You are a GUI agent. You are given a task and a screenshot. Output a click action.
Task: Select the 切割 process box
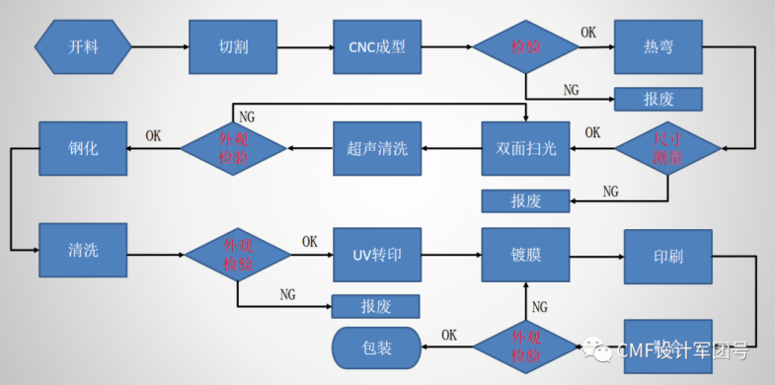pyautogui.click(x=233, y=46)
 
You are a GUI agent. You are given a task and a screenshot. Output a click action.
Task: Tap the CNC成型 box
pyautogui.click(x=377, y=46)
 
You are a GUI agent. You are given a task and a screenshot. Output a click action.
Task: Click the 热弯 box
pyautogui.click(x=659, y=46)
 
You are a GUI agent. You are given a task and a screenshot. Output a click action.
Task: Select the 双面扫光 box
pyautogui.click(x=525, y=148)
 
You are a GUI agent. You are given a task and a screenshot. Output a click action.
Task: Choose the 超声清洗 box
pyautogui.click(x=377, y=148)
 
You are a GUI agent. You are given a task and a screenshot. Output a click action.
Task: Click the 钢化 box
pyautogui.click(x=83, y=148)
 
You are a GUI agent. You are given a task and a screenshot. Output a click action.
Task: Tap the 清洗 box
pyautogui.click(x=83, y=251)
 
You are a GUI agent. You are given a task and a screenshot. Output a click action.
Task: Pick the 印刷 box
pyautogui.click(x=667, y=257)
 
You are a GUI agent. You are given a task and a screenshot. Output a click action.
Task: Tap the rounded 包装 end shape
pyautogui.click(x=376, y=348)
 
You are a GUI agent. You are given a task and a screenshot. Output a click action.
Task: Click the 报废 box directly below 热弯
pyautogui.click(x=659, y=99)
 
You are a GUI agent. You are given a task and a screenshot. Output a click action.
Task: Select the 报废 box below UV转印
pyautogui.click(x=376, y=305)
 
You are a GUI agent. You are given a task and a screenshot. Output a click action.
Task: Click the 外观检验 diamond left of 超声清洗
pyautogui.click(x=233, y=148)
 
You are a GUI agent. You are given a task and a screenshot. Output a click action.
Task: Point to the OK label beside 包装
pyautogui.click(x=448, y=334)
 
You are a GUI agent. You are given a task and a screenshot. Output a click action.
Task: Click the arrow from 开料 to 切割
pyautogui.click(x=160, y=46)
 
